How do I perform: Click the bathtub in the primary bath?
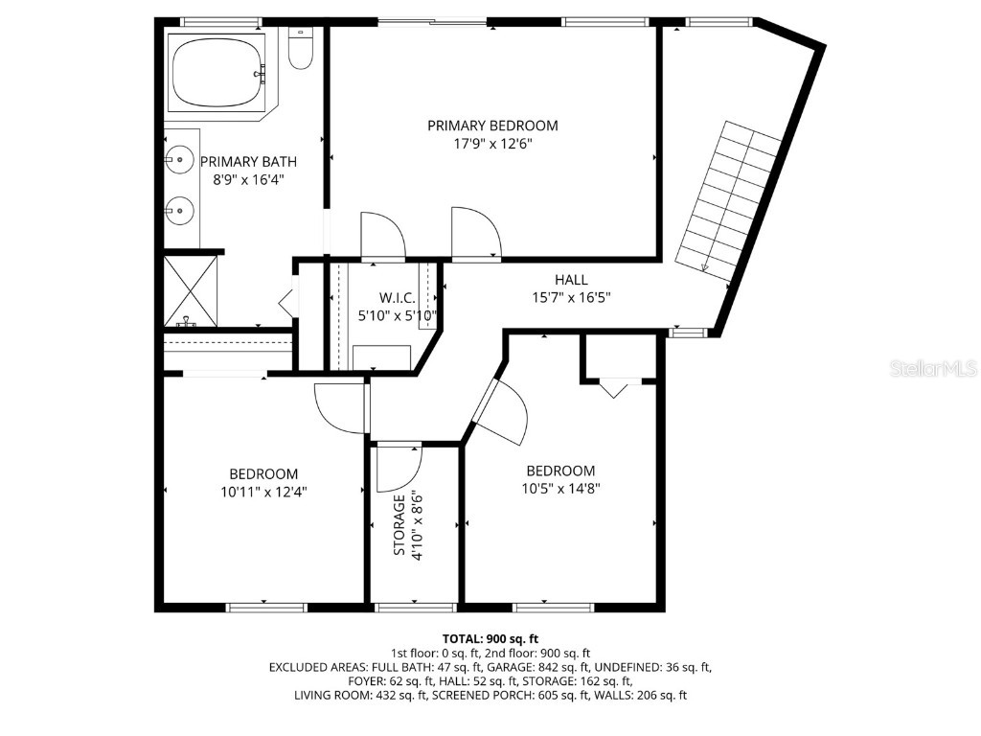click(x=219, y=73)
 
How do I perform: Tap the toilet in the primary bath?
click(x=301, y=51)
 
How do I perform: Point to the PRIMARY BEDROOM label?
click(x=492, y=126)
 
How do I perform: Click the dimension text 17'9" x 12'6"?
click(x=492, y=144)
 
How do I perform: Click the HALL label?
click(x=571, y=280)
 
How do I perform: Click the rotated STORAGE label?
click(x=399, y=524)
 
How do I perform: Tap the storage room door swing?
click(x=398, y=469)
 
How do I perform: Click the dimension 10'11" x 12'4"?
click(x=263, y=492)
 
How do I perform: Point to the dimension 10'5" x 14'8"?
click(x=560, y=488)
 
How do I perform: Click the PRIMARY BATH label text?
click(x=248, y=162)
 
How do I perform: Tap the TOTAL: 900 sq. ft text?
click(x=490, y=638)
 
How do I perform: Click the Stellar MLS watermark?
click(x=932, y=368)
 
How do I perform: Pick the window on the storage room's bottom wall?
click(x=414, y=607)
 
